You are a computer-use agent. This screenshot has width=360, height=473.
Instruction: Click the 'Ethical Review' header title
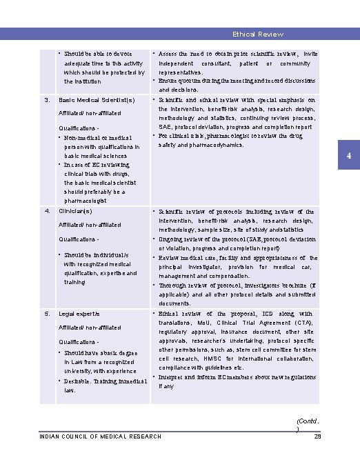click(257, 34)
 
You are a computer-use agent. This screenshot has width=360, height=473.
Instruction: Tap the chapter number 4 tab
click(349, 156)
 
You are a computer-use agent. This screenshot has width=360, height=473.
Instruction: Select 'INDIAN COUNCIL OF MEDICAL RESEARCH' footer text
click(101, 436)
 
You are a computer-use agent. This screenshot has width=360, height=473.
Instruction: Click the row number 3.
click(47, 100)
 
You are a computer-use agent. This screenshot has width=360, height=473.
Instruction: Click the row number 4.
click(47, 211)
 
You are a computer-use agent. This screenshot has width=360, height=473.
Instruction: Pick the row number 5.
click(47, 314)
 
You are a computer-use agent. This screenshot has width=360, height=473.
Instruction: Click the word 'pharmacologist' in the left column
click(85, 201)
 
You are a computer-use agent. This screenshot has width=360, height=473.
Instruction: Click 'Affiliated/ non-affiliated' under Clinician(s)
click(90, 225)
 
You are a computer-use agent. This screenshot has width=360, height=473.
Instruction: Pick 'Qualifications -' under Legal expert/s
click(82, 342)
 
